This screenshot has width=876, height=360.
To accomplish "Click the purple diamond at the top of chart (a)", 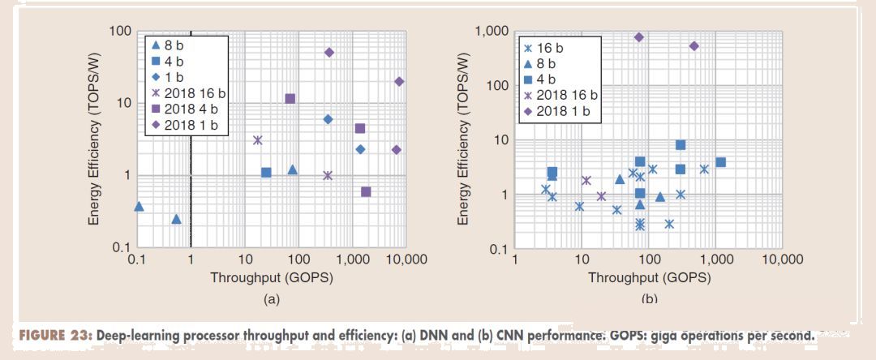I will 329,52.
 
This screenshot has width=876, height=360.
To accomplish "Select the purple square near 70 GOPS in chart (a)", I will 290,99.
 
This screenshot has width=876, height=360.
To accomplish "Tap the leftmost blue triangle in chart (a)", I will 139,207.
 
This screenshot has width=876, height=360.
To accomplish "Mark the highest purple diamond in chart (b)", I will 639,37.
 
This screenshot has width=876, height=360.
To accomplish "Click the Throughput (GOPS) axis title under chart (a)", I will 271,277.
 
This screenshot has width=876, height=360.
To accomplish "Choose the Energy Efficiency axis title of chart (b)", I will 464,140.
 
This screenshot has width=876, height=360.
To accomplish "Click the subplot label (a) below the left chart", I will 271,299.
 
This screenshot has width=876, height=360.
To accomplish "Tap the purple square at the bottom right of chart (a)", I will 366,192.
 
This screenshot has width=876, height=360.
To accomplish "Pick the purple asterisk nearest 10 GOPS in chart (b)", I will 586,181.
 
